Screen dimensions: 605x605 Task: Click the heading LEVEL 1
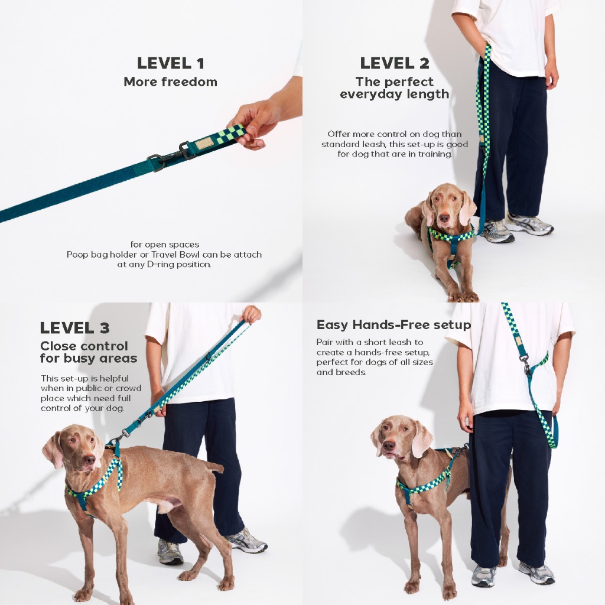pos(171,63)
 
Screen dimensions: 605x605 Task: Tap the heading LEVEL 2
pos(394,63)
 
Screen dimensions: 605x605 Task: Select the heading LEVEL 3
pos(75,328)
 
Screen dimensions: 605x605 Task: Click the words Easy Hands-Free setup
pos(393,325)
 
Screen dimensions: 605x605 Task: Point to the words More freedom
pos(171,82)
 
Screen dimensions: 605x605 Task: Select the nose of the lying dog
pos(444,218)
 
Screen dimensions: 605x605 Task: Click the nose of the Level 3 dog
pos(90,460)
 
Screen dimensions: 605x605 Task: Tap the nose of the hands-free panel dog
pos(389,447)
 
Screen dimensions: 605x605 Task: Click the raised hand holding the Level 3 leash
pos(251,314)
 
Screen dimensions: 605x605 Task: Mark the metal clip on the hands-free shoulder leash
pos(525,364)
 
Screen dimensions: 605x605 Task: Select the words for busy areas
pos(89,359)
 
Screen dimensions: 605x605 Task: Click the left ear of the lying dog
pos(428,213)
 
